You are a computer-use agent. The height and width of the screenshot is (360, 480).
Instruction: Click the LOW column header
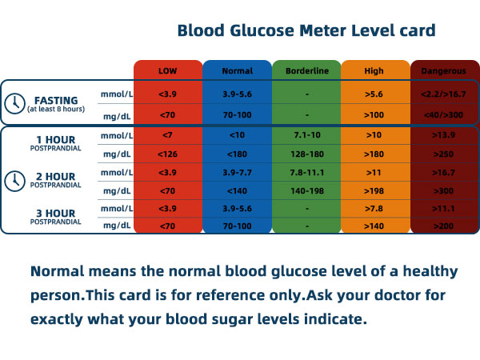168,70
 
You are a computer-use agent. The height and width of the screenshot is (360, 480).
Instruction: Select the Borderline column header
306,70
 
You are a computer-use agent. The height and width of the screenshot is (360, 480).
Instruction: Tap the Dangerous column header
444,70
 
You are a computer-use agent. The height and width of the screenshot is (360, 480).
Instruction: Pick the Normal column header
237,70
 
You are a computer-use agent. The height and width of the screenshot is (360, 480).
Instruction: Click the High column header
374,70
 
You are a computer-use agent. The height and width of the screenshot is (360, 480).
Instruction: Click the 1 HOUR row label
55,138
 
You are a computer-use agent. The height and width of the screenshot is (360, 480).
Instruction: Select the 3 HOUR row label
55,212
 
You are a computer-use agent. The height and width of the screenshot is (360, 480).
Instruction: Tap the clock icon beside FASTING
14,103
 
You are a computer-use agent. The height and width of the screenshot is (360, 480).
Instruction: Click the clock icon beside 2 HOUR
14,181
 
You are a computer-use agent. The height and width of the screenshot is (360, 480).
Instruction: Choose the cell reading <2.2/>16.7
444,94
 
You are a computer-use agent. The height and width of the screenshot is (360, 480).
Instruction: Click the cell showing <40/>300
444,115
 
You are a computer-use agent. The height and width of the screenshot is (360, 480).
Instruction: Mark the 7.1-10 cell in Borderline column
306,135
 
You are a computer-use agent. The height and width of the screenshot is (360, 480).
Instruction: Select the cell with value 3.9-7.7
237,173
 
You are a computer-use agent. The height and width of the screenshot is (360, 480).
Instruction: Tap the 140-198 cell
306,191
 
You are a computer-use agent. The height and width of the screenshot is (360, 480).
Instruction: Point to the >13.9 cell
444,135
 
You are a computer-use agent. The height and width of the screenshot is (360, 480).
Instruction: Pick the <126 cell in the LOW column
168,154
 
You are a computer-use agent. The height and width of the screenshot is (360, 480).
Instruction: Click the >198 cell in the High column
374,191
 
